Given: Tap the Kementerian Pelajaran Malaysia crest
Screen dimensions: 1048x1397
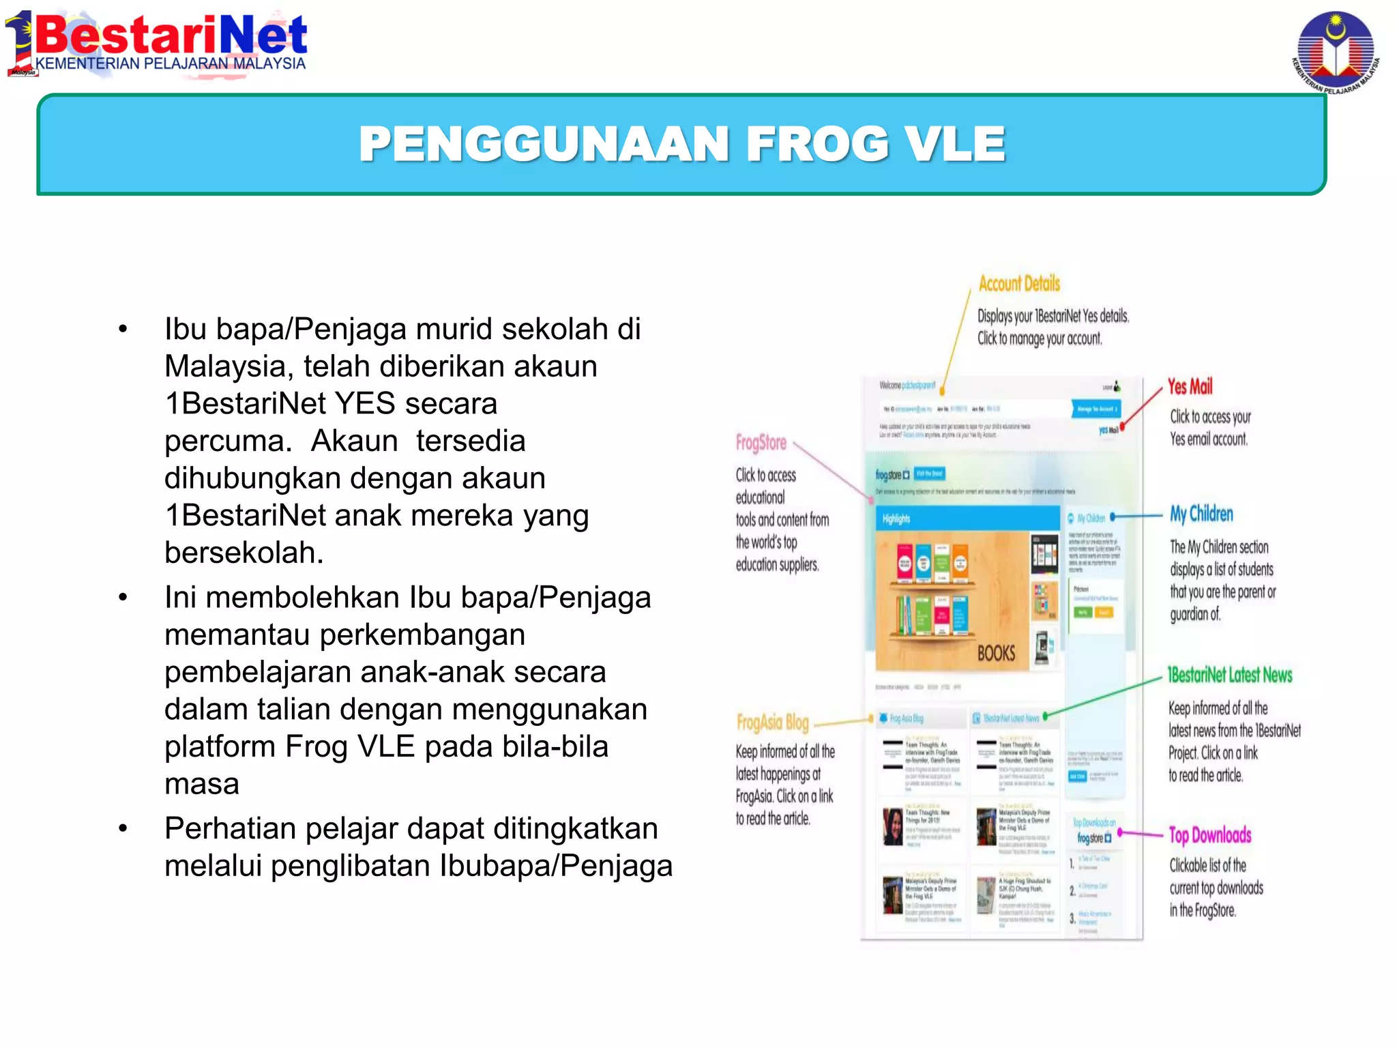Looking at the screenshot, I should point(1335,52).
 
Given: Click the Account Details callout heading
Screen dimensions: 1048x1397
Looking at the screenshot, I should point(1019,283).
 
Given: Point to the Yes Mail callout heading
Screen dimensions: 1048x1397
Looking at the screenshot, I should point(1190,387).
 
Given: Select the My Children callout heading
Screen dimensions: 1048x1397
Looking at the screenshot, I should point(1201,514).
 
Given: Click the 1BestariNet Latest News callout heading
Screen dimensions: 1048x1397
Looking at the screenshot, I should point(1229,675).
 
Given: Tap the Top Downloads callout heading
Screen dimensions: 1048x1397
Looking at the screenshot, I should point(1210,835).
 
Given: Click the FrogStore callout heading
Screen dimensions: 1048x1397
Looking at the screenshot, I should point(761,443).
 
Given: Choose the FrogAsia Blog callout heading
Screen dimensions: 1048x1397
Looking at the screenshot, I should point(772,722).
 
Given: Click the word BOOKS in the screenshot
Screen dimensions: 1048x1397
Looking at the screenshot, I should point(996,654).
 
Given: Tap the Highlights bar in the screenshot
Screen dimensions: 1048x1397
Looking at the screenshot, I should point(965,519).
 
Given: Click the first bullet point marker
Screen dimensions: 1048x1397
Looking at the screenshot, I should point(123,330).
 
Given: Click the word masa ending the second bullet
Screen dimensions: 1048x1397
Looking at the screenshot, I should point(201,784).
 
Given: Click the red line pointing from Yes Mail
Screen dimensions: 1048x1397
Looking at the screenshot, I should point(1142,407).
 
